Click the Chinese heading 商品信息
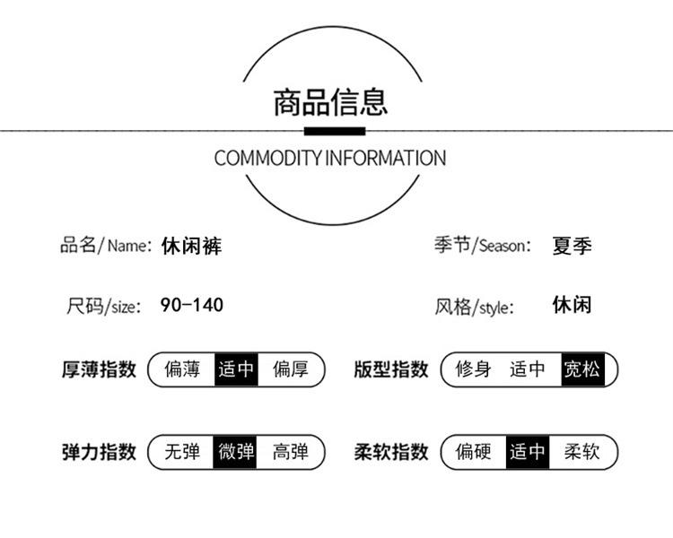point(330,102)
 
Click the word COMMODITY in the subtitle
point(267,158)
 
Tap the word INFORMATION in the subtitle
point(386,158)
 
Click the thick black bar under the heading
point(335,131)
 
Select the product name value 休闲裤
point(191,247)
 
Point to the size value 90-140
point(191,305)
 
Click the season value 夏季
point(572,246)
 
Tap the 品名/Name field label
point(106,246)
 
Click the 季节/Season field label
point(483,246)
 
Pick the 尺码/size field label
point(103,307)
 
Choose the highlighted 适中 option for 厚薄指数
point(237,369)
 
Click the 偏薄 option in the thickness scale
point(182,369)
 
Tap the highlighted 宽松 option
point(582,369)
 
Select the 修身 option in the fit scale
point(474,369)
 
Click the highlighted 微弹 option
point(235,452)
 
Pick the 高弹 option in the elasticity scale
point(291,452)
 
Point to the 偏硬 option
point(474,452)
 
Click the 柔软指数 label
point(391,452)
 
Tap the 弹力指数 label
point(99,452)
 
